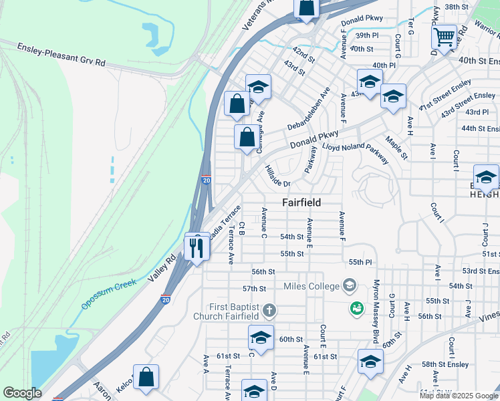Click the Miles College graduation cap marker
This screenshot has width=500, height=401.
[x=349, y=286]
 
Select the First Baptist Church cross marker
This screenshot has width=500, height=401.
[x=269, y=310]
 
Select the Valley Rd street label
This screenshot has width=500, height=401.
[x=162, y=267]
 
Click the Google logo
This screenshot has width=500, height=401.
[x=23, y=393]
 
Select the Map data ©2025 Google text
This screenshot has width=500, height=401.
[x=459, y=396]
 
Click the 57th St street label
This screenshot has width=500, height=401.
[x=254, y=289]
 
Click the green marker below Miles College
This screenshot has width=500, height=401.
[x=356, y=308]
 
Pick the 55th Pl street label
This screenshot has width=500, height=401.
[x=359, y=263]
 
